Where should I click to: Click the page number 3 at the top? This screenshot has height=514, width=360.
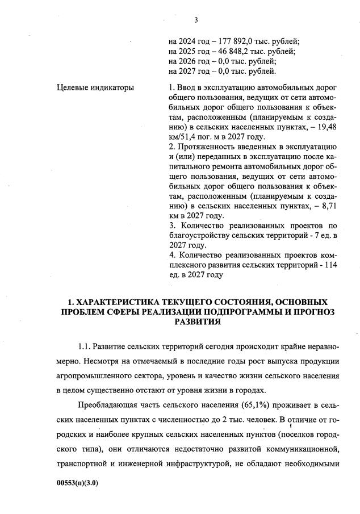[x=196, y=20]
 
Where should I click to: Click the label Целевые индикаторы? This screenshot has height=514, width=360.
[x=96, y=88]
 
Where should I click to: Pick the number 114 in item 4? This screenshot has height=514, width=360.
[x=330, y=265]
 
